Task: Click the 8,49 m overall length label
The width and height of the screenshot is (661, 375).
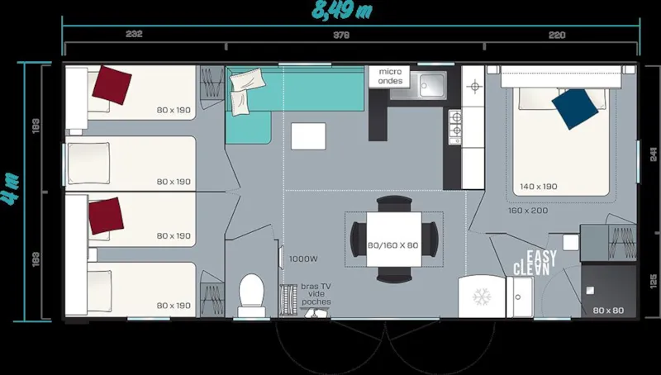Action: click(340, 11)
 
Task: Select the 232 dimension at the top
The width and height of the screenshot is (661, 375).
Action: click(135, 35)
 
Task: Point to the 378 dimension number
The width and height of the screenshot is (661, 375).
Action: click(340, 35)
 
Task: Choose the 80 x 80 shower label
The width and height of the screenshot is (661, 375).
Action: click(608, 311)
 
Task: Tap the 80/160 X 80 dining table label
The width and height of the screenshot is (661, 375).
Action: click(392, 245)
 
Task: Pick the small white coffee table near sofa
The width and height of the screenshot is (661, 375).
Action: click(309, 135)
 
